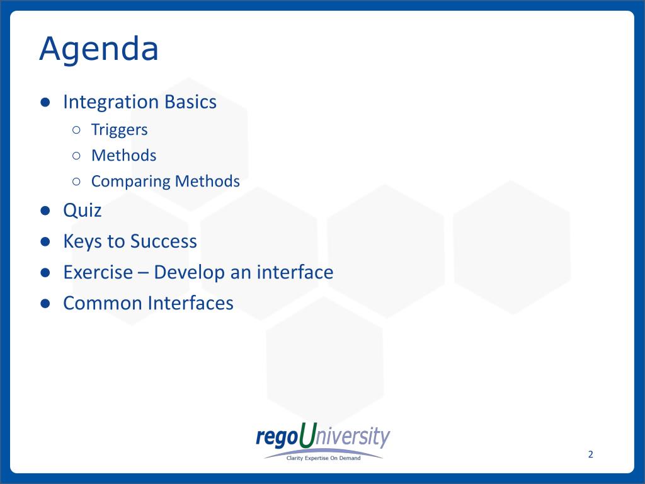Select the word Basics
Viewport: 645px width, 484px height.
point(190,101)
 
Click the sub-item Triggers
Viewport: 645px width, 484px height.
point(119,130)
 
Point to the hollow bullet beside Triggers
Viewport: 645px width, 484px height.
point(76,130)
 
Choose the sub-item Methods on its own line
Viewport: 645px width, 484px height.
point(124,156)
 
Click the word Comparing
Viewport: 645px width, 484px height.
point(130,181)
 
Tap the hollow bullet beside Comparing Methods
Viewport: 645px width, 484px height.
point(76,181)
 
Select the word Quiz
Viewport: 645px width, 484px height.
point(83,210)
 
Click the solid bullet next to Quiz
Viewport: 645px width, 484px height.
point(45,210)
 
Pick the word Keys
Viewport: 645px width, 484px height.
point(83,241)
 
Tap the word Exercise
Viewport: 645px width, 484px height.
point(98,272)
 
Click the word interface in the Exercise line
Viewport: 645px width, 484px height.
point(295,272)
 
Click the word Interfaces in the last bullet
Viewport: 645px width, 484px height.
point(191,303)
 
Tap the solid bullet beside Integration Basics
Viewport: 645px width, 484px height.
point(45,102)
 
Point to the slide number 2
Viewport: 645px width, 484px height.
point(591,454)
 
